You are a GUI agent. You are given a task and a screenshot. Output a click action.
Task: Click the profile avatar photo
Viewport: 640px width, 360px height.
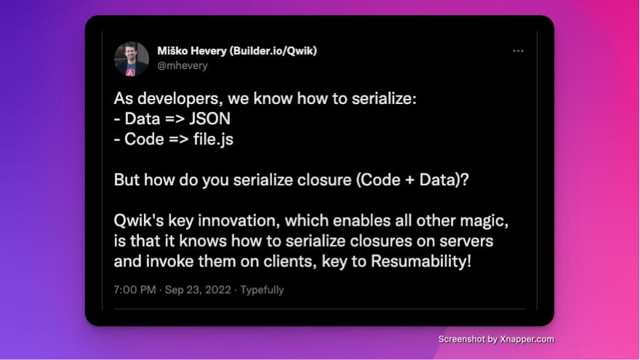132,59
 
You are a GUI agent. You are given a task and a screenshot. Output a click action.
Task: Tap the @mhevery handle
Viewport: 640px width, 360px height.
183,65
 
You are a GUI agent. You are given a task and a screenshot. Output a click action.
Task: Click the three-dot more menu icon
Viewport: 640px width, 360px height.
518,52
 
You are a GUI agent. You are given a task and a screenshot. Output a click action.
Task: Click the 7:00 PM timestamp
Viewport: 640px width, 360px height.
135,289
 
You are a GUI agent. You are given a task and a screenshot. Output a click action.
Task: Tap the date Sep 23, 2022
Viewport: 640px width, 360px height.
198,289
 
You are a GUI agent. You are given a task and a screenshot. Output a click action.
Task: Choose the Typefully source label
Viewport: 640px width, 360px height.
262,289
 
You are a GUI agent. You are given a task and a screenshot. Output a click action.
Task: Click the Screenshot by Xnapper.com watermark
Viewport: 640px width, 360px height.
496,339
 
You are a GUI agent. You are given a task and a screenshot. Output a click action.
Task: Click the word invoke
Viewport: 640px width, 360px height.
167,260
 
